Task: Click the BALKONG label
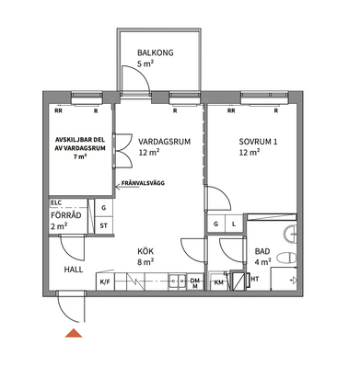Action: coord(156,52)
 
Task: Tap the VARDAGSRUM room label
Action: coord(164,142)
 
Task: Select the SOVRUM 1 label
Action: coord(258,142)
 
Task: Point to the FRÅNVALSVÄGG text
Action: coord(143,183)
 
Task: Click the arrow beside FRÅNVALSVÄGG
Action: coord(118,185)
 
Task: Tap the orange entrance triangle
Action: coord(74,333)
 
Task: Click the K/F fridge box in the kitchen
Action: coord(105,282)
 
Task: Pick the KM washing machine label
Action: coord(218,282)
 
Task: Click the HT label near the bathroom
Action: coord(255,279)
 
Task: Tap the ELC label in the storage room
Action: coord(56,202)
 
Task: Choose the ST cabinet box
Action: coord(104,225)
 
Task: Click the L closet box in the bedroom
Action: coord(234,224)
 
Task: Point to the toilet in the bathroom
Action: coord(286,258)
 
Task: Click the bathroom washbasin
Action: coord(291,235)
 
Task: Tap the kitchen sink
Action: coord(177,282)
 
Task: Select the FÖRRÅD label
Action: coord(66,215)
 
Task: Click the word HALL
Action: coord(74,270)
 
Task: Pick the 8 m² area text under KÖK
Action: coord(145,262)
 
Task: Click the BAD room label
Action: coord(262,252)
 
